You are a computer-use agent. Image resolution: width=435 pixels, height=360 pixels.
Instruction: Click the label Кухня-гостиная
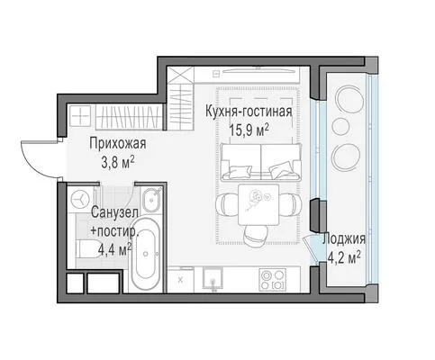tap(249, 112)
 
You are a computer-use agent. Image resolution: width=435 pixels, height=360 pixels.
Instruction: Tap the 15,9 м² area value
tap(249, 130)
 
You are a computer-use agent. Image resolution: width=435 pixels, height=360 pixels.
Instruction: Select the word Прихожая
tap(118, 143)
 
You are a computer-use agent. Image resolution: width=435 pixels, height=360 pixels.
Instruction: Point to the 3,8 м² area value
tap(118, 163)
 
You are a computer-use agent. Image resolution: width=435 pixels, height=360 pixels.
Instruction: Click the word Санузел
tap(114, 212)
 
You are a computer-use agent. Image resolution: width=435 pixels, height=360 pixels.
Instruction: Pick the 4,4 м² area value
tap(114, 249)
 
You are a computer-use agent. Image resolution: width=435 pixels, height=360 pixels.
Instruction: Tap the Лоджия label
tap(344, 239)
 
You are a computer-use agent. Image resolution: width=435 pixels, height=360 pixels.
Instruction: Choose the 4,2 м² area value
tap(344, 257)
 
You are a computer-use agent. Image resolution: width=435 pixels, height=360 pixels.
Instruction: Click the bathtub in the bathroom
tap(146, 255)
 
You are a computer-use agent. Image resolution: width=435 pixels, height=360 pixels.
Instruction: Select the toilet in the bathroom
tap(87, 248)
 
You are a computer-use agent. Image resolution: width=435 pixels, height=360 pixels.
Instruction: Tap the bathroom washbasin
tap(151, 199)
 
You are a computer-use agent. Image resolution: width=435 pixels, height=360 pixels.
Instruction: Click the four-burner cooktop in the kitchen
tap(272, 280)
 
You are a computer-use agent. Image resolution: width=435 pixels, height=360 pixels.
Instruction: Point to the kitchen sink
tap(213, 278)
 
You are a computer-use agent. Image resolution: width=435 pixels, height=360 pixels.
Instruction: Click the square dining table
tap(258, 204)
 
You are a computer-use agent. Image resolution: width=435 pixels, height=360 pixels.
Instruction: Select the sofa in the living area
tap(260, 162)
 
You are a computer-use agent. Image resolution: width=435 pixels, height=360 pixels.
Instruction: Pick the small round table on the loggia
tap(340, 127)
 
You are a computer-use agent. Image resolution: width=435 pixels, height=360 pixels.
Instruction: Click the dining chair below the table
tap(256, 235)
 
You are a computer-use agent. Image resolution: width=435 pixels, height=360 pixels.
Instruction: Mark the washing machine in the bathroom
tap(81, 199)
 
